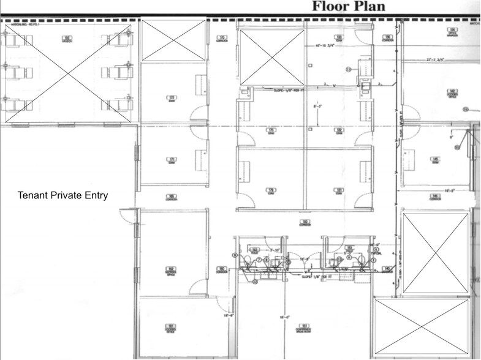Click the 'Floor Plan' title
tap(348, 6)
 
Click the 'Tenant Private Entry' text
tap(63, 196)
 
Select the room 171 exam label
tap(172, 160)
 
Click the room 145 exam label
tap(435, 160)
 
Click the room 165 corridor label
tap(172, 197)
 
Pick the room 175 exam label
tap(270, 130)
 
